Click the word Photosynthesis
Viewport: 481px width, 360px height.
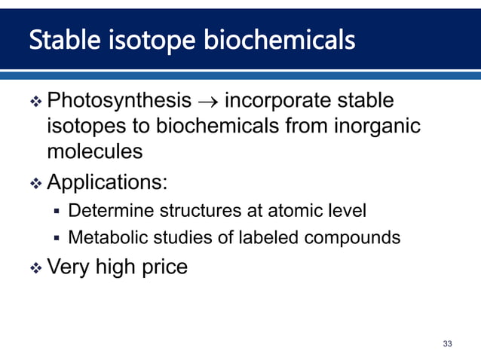[x=119, y=100]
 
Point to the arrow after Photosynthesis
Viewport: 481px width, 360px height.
[x=209, y=101]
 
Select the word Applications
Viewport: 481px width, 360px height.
[x=108, y=182]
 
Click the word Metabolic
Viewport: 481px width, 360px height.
[x=105, y=238]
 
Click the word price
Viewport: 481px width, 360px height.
[x=160, y=267]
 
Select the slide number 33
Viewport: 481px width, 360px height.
[x=448, y=343]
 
